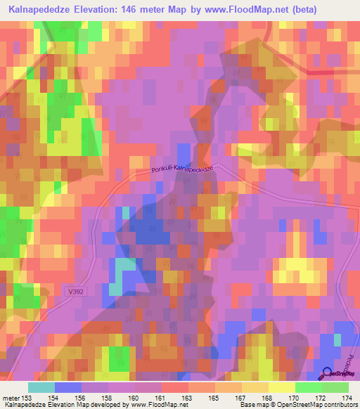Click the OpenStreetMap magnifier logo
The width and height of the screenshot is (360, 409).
[327, 374]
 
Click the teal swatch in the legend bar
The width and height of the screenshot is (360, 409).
[41, 387]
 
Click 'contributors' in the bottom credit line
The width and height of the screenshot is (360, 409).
[337, 405]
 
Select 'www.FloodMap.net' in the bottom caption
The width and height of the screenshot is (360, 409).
[154, 405]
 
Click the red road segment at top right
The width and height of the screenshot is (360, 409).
[320, 72]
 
